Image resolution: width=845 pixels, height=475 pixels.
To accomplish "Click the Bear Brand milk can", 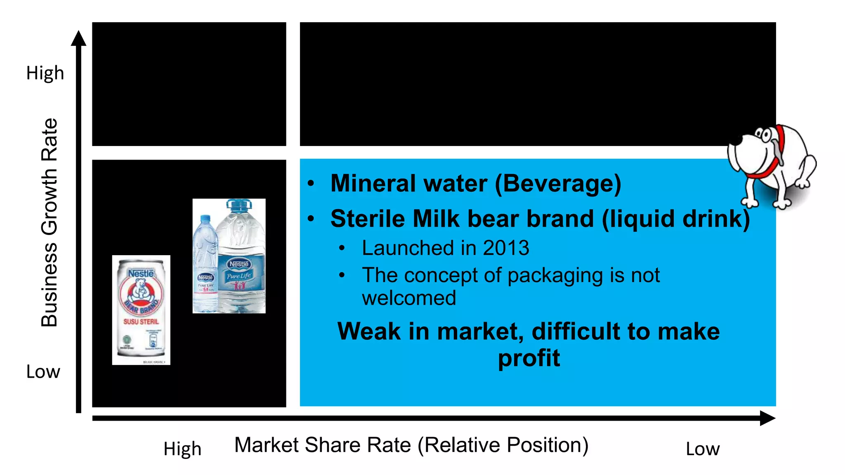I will click(141, 309).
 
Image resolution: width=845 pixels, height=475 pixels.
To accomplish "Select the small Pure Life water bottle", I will click(205, 268).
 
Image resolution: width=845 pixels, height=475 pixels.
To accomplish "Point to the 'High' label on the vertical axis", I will click(45, 73).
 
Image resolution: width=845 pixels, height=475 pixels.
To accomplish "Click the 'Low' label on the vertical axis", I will click(43, 372).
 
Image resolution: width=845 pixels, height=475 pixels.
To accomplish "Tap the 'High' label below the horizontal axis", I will click(182, 449).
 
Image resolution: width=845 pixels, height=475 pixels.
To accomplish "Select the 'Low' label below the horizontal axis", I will click(702, 449).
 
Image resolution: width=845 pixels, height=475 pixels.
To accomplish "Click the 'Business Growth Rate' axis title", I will click(50, 223).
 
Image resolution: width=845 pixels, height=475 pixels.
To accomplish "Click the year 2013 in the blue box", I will click(506, 248).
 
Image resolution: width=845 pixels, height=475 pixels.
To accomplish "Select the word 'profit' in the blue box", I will click(529, 358).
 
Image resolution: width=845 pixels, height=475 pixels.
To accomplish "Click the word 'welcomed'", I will click(409, 298).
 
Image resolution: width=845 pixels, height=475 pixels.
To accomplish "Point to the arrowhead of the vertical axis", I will click(78, 38).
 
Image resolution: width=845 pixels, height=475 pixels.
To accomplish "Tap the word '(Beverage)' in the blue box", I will click(558, 184).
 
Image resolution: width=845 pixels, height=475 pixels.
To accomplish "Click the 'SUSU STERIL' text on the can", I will click(141, 322).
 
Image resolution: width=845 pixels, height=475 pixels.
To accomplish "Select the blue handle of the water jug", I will click(239, 204).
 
